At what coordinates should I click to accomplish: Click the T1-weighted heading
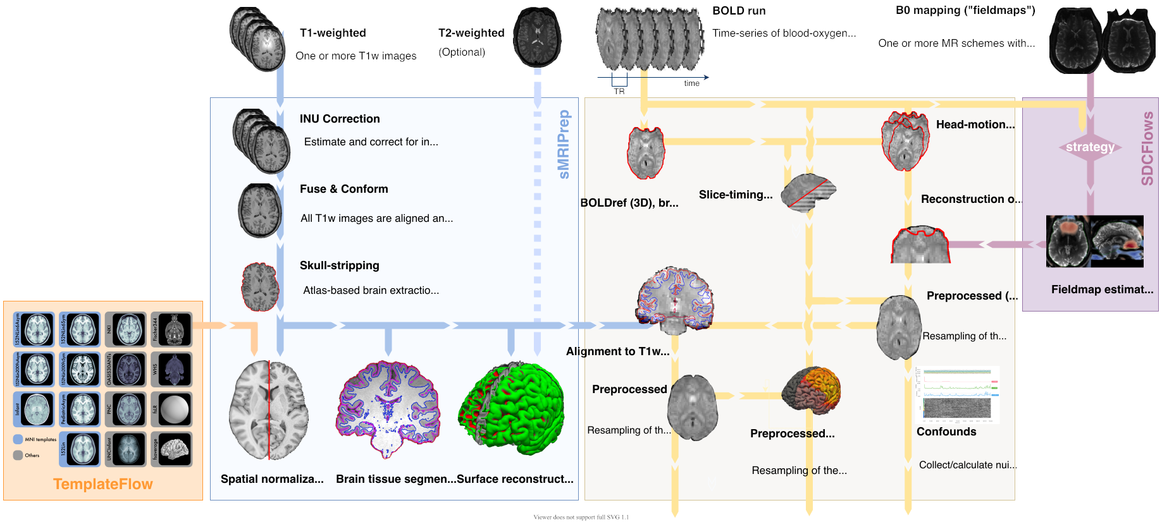333,33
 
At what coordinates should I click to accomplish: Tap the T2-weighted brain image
537,37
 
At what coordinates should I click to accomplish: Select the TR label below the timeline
619,92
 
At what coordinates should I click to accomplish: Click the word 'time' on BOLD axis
691,83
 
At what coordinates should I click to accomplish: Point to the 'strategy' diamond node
1090,147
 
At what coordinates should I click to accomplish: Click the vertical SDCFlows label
1147,149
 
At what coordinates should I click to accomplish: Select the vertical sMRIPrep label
564,144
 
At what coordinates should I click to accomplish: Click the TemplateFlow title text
103,484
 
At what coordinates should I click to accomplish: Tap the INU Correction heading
340,119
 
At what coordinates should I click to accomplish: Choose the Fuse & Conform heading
343,189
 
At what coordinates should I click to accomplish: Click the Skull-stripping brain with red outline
260,287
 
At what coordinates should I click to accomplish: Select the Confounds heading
946,432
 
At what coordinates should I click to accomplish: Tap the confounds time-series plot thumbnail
957,394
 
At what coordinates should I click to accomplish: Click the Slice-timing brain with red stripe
808,192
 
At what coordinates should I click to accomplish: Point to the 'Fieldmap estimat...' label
1102,289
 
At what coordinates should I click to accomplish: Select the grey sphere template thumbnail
174,410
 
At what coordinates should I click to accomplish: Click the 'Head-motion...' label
975,124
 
